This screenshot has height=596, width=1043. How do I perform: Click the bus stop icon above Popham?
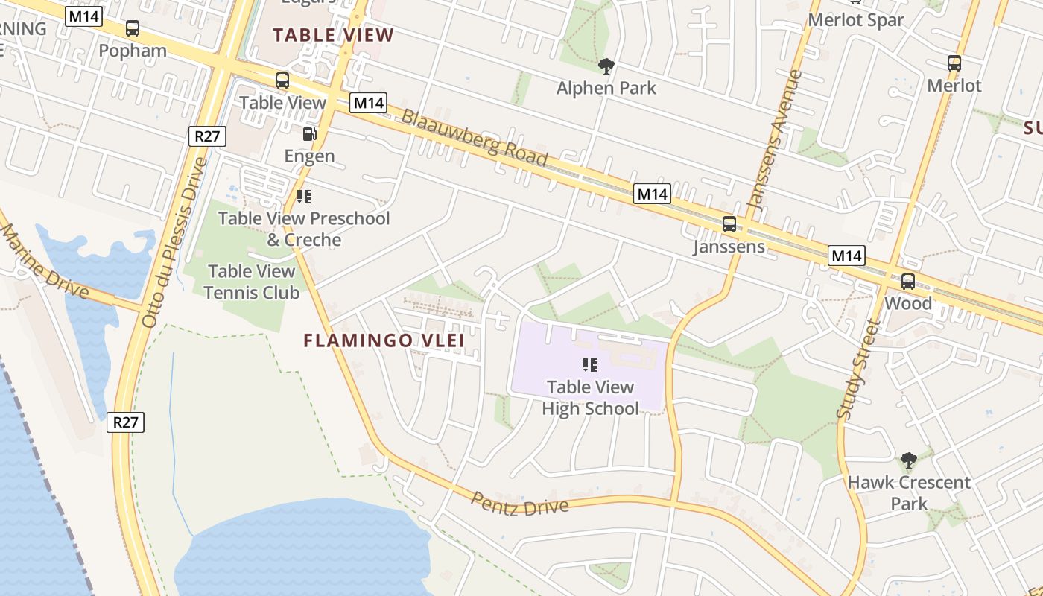[x=132, y=28]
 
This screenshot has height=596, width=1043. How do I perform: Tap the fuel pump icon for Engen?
[x=309, y=134]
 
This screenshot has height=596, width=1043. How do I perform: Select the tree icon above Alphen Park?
[x=606, y=66]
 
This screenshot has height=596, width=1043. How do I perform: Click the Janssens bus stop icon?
[x=729, y=223]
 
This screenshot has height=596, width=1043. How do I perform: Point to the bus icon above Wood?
[x=907, y=281]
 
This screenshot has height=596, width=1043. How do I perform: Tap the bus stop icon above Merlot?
[x=954, y=63]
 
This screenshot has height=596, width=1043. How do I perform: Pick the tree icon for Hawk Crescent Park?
[x=908, y=460]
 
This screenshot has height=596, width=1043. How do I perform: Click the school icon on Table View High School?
[x=590, y=365]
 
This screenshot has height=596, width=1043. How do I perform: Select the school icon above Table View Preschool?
[x=303, y=196]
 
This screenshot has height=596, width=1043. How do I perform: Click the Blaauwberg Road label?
[x=475, y=138]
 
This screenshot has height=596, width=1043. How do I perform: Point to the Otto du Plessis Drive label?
[x=173, y=242]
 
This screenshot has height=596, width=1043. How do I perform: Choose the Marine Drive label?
[x=45, y=260]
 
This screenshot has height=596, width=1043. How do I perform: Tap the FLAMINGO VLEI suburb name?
[x=384, y=340]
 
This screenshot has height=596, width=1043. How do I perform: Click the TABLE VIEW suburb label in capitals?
[x=333, y=34]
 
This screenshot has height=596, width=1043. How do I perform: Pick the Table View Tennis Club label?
[x=252, y=282]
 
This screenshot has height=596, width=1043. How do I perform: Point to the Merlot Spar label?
[x=856, y=20]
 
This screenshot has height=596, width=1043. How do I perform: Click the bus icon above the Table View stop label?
[x=282, y=80]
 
